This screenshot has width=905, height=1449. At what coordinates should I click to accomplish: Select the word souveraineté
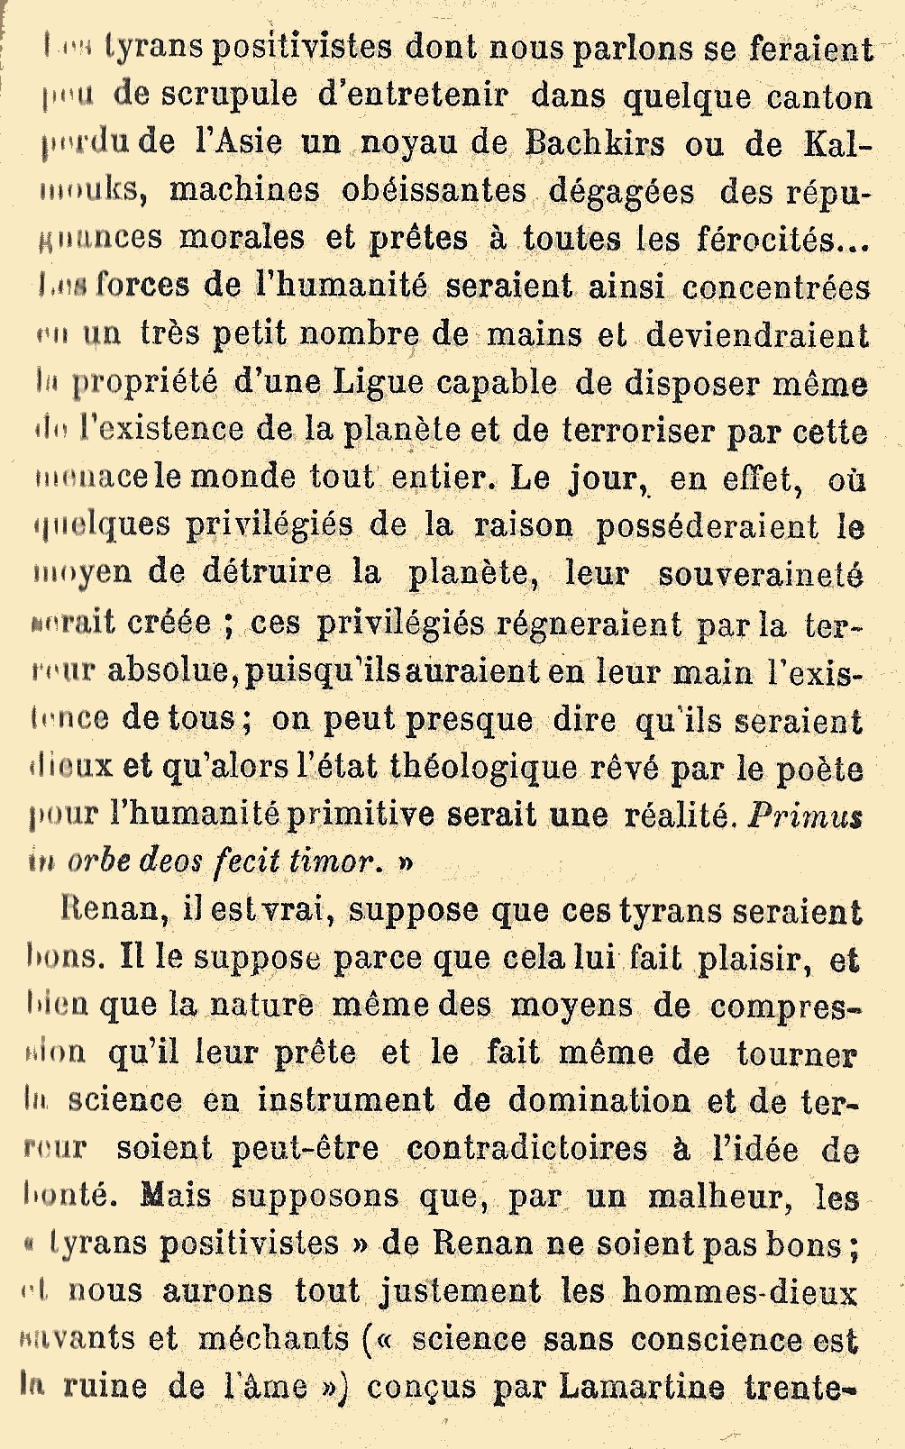[x=759, y=574]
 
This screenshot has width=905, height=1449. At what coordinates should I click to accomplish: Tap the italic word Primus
[x=805, y=816]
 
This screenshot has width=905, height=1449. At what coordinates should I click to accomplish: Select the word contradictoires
[x=527, y=1148]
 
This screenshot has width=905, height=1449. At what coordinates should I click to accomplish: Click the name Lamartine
[x=642, y=1387]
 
